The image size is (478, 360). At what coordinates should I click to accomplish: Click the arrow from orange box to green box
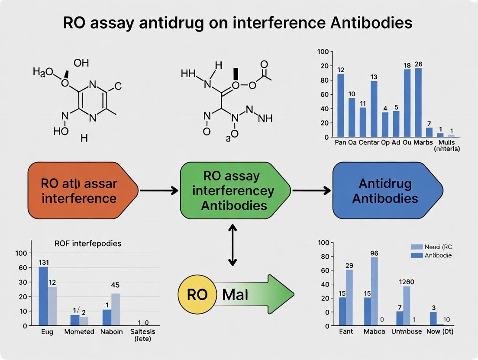[158, 190]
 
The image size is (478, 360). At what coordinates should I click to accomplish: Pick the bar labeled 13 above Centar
[374, 109]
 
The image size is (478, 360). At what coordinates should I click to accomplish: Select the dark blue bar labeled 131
[43, 296]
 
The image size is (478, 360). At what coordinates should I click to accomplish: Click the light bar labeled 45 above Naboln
[116, 309]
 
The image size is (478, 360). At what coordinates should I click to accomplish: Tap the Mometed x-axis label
[79, 332]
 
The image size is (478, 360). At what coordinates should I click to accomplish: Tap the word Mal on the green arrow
[235, 295]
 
